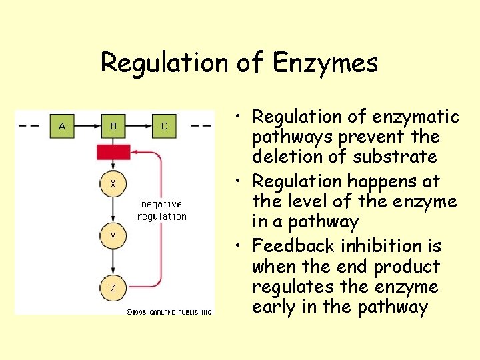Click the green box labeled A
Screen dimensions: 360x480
tap(62, 126)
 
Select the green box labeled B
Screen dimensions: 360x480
tap(113, 126)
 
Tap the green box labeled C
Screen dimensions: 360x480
tap(164, 126)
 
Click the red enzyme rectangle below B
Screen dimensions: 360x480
tap(113, 152)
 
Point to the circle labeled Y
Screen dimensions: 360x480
tap(113, 235)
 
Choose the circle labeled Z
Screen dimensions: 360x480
tap(113, 288)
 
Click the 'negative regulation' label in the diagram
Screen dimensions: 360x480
tap(162, 210)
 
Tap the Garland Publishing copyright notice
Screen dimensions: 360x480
tap(169, 311)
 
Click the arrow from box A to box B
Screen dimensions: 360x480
tap(87, 126)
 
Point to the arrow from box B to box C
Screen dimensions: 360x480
tap(139, 126)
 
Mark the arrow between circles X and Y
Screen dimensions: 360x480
tap(113, 210)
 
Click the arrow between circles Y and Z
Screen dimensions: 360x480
tap(113, 262)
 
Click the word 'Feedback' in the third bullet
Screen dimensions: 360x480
tap(293, 246)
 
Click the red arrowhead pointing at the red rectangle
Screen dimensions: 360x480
tap(134, 153)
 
